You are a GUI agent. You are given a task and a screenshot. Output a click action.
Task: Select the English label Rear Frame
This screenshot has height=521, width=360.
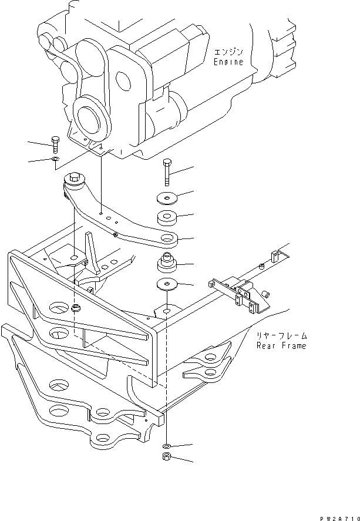tap(281, 346)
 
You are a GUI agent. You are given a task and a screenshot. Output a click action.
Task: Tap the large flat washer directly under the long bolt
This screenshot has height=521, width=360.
tap(167, 199)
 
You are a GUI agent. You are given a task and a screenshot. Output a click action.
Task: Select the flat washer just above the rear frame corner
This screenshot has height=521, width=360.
tap(168, 286)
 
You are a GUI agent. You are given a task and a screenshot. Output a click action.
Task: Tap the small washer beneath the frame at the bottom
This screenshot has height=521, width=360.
tap(167, 446)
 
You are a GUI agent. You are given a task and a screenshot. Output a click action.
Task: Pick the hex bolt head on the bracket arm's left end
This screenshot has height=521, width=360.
tap(75, 176)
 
